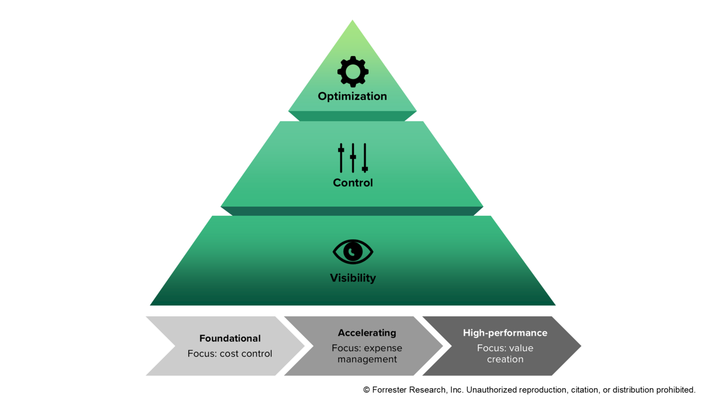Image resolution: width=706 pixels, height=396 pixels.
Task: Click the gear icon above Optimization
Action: point(353,72)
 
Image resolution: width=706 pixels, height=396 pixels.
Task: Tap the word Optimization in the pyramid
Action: point(352,96)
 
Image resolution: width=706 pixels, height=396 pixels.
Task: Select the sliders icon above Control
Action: point(353,158)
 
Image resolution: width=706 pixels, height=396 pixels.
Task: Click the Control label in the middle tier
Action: point(353,183)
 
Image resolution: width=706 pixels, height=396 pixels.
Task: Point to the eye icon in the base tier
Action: point(353,252)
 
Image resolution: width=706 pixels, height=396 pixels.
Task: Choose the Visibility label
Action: point(353,278)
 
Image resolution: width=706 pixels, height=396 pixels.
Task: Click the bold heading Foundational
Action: point(230,339)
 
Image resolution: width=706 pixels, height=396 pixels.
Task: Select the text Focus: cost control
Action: point(230,354)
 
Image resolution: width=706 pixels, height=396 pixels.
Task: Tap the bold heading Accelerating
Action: point(367,333)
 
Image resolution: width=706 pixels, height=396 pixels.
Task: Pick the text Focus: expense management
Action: point(367,353)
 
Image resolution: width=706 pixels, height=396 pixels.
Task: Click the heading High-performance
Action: point(505,333)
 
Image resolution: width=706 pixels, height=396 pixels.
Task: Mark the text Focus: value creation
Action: point(505,353)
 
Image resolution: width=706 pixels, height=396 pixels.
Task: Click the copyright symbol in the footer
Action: point(367,390)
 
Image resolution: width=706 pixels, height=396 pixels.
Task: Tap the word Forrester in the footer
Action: point(390,390)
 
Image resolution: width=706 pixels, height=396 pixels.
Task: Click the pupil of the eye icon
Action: point(353,252)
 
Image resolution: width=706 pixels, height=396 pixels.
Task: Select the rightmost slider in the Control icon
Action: point(365,158)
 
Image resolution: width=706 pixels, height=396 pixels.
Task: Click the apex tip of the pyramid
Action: point(353,21)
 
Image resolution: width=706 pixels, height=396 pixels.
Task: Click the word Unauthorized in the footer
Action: point(490,390)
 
